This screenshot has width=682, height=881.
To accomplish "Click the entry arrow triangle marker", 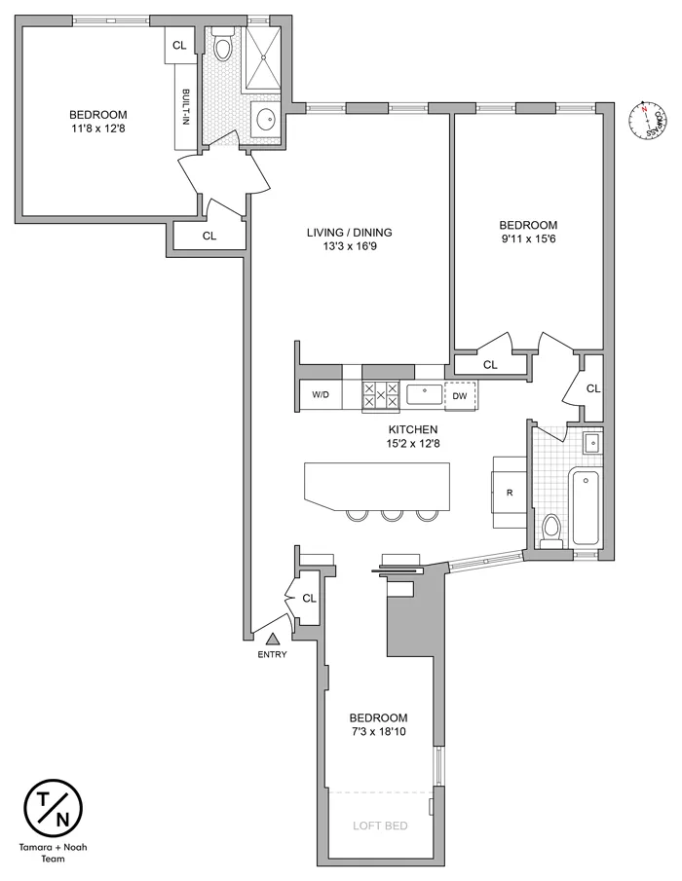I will click(x=274, y=639).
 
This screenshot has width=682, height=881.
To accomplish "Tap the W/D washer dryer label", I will click(x=321, y=394).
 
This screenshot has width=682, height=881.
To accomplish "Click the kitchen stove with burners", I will click(x=381, y=394).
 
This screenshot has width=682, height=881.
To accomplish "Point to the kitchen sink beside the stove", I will click(x=424, y=394).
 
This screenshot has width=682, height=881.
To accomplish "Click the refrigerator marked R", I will click(x=510, y=492).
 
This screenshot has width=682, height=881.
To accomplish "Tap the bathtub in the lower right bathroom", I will click(x=587, y=507).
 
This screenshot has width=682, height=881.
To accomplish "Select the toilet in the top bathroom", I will click(x=222, y=47).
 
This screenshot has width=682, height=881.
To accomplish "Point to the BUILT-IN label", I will click(x=186, y=107).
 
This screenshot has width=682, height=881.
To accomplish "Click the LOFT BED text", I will click(x=379, y=826).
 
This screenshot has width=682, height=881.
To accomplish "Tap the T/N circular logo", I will click(x=53, y=808).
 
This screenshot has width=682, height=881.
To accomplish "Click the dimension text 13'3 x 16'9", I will click(x=349, y=248).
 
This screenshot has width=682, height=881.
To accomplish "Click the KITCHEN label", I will click(x=411, y=429).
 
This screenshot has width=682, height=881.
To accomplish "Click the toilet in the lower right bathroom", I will click(x=551, y=532).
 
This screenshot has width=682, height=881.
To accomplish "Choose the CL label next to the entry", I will click(x=309, y=598).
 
